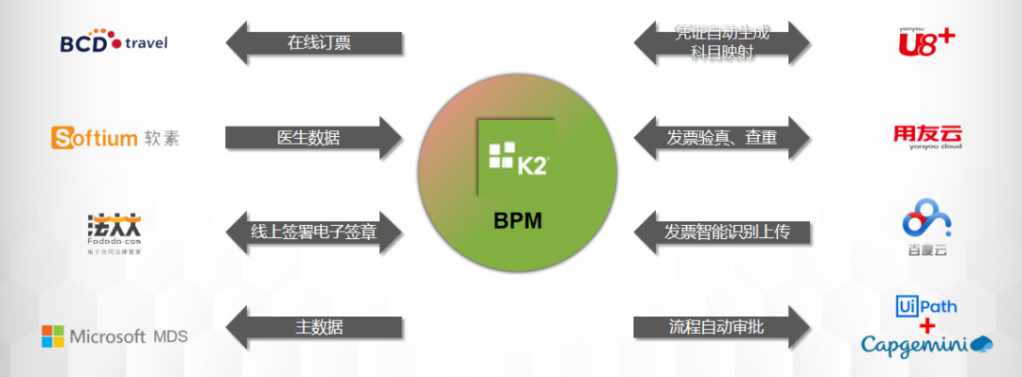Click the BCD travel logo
click(x=114, y=43)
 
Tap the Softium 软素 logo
click(x=115, y=138)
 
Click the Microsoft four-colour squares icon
click(x=53, y=336)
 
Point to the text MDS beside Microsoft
click(x=170, y=336)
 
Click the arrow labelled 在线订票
click(x=314, y=43)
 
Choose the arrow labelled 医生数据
click(x=314, y=138)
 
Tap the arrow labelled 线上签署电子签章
click(x=314, y=231)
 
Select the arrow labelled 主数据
click(x=314, y=327)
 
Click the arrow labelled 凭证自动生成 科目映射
click(x=722, y=43)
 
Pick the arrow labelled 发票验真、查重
click(x=722, y=138)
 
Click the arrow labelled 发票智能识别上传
click(x=722, y=231)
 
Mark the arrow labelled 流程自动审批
click(x=722, y=327)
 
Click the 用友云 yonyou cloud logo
click(x=926, y=138)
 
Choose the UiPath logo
click(x=926, y=305)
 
